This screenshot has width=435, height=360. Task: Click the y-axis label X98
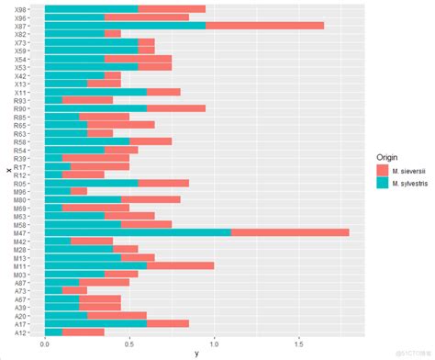pyautogui.click(x=21, y=8)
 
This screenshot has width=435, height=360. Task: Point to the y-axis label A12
pyautogui.click(x=21, y=332)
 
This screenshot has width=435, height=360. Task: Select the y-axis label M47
pyautogui.click(x=21, y=232)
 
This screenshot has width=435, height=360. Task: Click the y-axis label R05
pyautogui.click(x=21, y=183)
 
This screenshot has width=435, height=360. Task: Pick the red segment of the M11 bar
pyautogui.click(x=180, y=265)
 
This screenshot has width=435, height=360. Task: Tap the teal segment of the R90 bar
pyautogui.click(x=95, y=108)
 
